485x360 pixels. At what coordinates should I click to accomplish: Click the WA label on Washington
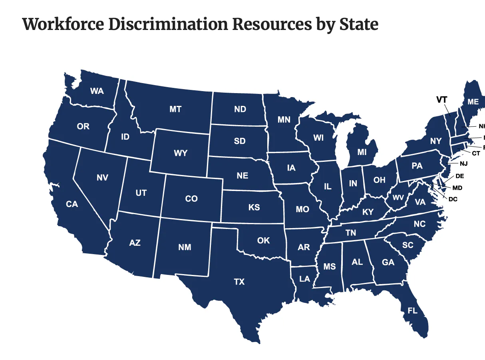point(97,91)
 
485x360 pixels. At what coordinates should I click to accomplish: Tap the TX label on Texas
point(239,282)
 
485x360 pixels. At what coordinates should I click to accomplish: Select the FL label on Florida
point(412,310)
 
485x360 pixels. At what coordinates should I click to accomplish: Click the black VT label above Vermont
point(441,100)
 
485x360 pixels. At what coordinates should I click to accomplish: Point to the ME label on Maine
point(473,102)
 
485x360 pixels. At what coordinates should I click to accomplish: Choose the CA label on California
point(72,204)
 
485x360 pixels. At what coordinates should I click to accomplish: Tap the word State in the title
point(358,24)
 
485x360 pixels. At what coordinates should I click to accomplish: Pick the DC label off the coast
point(453,199)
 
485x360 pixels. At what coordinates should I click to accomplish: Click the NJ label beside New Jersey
point(463,163)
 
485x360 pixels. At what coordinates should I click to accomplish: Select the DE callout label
point(460,176)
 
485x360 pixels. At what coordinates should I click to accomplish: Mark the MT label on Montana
point(175,109)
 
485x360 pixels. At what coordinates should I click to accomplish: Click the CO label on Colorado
point(191,199)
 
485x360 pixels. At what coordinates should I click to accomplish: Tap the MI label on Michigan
point(362,152)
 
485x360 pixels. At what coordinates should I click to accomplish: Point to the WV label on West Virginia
point(398,198)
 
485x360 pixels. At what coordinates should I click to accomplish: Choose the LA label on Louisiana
point(304,279)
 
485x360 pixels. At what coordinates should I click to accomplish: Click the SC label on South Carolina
point(407,245)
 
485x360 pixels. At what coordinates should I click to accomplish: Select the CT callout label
point(476,153)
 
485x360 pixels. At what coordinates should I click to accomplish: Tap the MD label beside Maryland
point(457,188)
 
